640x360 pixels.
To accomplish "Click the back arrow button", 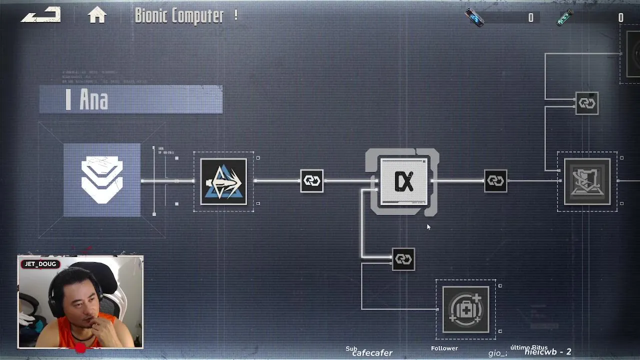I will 40,15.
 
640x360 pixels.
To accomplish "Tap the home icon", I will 97,15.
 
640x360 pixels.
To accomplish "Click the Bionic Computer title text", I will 179,15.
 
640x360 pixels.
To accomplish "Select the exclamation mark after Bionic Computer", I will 235,15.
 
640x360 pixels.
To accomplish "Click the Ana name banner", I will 131,99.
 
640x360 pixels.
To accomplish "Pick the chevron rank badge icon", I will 102,179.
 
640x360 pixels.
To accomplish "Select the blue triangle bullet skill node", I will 223,181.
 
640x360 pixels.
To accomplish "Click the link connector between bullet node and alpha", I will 311,181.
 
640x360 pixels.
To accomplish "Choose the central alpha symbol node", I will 403,181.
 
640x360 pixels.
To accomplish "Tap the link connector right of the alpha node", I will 495,181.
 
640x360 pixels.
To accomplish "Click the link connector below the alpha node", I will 403,259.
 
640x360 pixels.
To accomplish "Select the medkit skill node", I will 465,309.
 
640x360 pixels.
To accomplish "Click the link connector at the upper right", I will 586,103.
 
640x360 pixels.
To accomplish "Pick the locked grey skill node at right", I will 587,181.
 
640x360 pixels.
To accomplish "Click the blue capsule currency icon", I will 474,18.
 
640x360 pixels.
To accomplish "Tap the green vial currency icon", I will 565,18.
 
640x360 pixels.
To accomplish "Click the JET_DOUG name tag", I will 40,264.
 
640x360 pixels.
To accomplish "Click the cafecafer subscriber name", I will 372,353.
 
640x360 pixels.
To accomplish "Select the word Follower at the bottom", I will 444,348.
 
